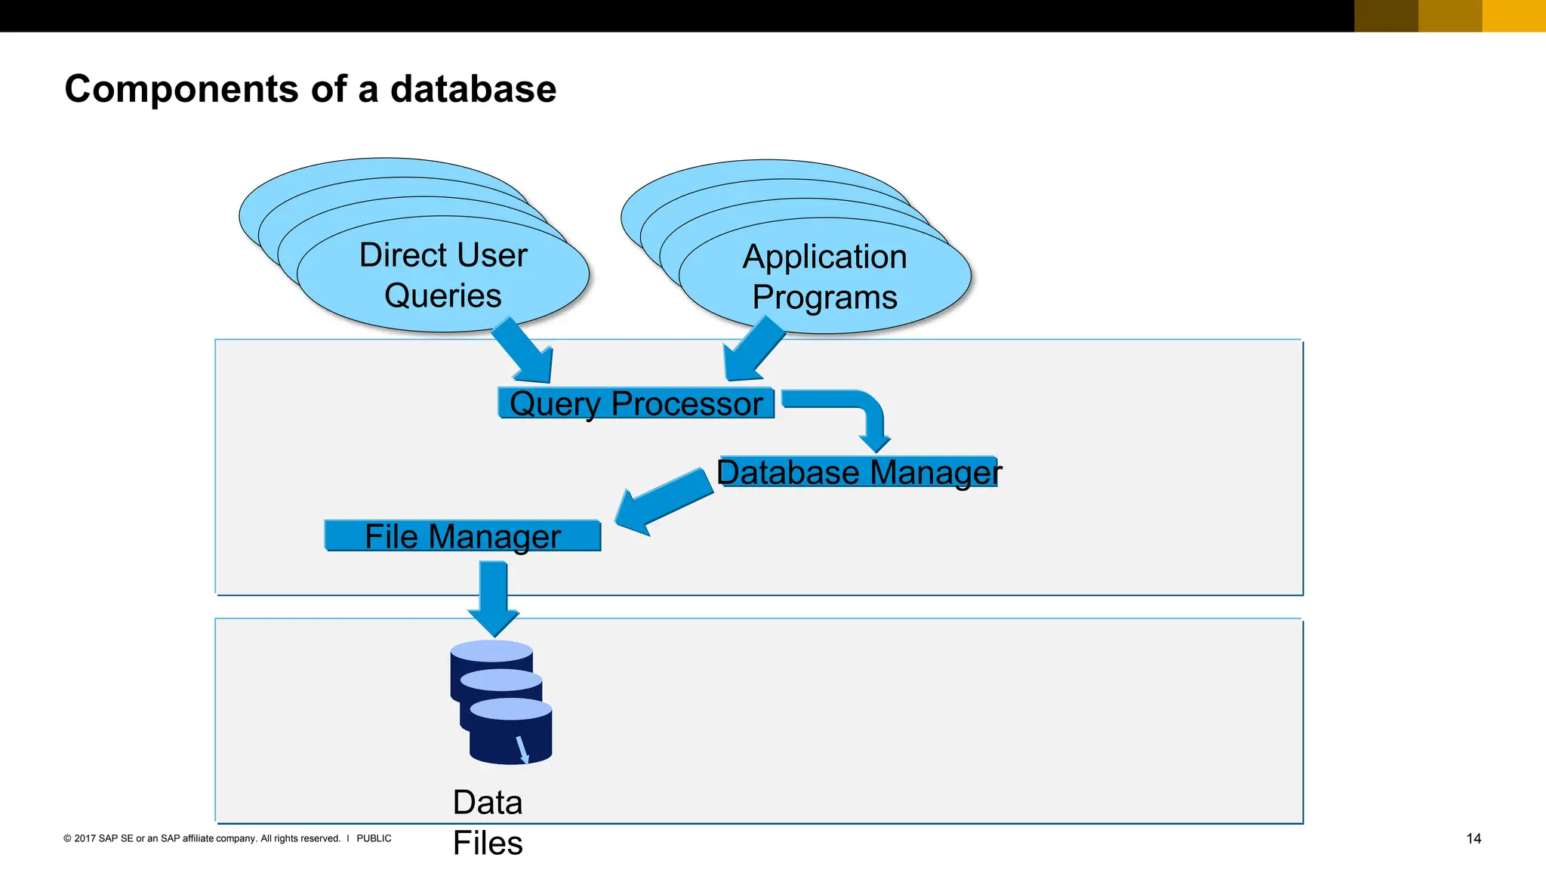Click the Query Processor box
coord(636,403)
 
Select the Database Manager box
coord(858,472)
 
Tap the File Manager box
coord(462,536)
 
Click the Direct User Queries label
coord(443,275)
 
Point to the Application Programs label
coord(824,276)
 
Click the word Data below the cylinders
coord(487,802)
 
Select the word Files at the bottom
coord(487,843)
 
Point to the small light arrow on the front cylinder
coord(522,750)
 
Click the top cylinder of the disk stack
coord(491,652)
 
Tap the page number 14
coord(1473,838)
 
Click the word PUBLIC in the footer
coord(374,838)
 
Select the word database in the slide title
coord(473,89)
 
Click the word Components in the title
coord(181,89)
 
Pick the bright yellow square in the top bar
coord(1514,15)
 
